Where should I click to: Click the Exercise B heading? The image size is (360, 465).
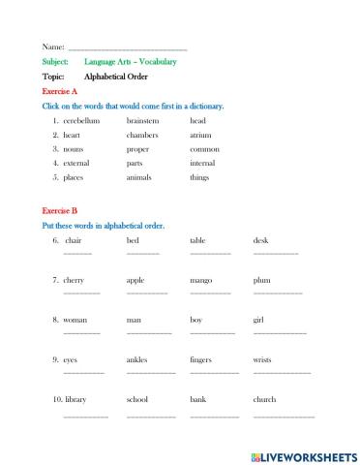point(60,210)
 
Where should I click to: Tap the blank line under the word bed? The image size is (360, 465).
point(142,253)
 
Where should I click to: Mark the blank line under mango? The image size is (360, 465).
point(210,293)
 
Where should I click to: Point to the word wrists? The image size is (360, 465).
point(262,359)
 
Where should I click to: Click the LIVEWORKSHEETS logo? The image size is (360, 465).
point(303,453)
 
